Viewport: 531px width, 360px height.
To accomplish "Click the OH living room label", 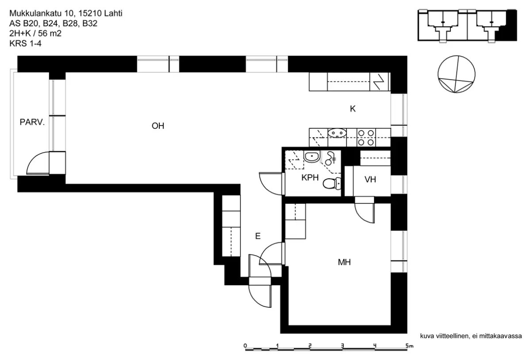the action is coord(158,126).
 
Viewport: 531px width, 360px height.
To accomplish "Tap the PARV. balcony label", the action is coord(32,123).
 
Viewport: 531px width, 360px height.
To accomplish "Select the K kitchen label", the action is coord(353,109).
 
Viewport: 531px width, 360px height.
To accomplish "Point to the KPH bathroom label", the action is coord(310,177).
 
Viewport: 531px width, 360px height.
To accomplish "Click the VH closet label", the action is coord(370,180).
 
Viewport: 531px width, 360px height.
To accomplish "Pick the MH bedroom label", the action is coord(344,262).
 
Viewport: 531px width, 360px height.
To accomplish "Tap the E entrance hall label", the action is coord(258,236).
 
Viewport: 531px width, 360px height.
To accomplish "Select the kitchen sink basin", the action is coord(337,133).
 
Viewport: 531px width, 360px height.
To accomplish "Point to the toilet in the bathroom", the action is coord(332,184).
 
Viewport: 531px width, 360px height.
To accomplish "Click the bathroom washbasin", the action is coord(312,157).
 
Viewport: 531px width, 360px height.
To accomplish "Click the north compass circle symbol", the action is coord(456,74).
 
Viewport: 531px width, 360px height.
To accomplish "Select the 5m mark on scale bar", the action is coord(409,346).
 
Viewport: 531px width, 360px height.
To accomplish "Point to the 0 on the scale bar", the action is coord(245,346).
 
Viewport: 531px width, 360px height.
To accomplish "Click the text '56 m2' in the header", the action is coord(50,34).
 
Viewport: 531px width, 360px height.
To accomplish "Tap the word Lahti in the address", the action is coord(113,13).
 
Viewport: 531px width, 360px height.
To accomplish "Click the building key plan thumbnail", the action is coord(467,26).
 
